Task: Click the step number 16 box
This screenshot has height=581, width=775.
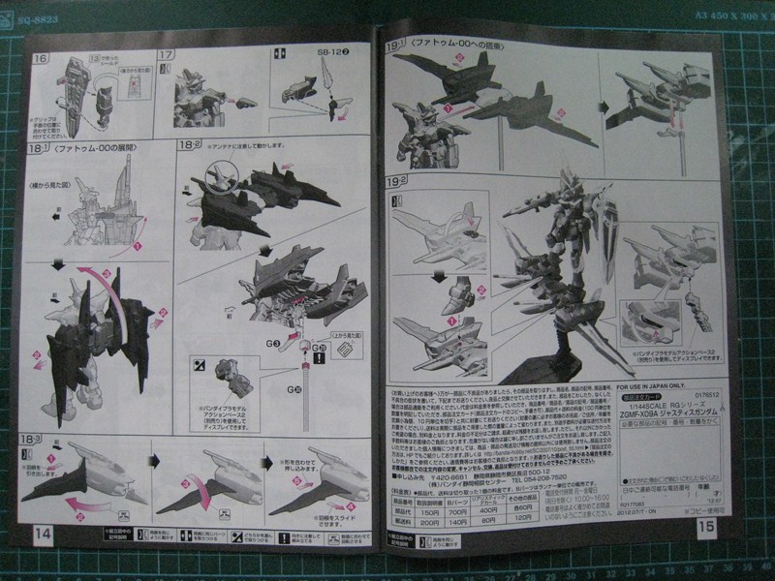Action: tap(40, 57)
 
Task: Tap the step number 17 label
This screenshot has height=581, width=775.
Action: tap(166, 57)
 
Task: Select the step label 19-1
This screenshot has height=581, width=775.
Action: tap(396, 45)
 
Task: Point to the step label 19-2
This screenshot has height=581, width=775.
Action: tap(396, 179)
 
